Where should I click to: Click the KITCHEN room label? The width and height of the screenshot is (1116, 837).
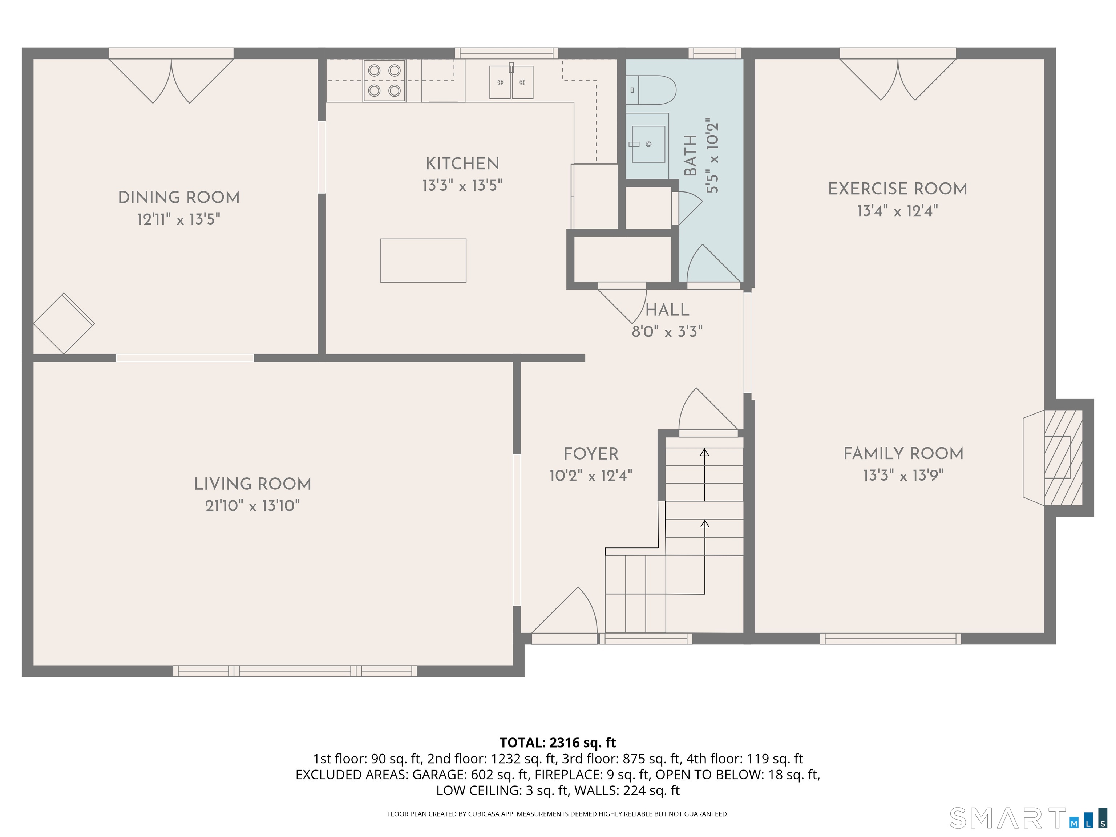point(462,163)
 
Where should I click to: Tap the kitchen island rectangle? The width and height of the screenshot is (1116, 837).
point(423,260)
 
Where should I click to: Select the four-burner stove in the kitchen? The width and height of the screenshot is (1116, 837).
point(384,81)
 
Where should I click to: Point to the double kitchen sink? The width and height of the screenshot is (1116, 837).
point(511,82)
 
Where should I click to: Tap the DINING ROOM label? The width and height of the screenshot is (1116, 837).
point(179,197)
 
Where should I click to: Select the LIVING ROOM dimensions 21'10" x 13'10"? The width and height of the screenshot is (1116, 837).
point(252,506)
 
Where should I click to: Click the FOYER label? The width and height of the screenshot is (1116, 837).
point(591,454)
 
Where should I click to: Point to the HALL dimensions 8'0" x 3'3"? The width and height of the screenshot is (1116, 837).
point(667,331)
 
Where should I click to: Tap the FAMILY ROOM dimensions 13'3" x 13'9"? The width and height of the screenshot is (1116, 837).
point(903,475)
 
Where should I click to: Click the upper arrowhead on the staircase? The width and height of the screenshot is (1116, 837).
point(704,452)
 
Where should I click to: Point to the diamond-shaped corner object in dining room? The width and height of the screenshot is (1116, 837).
point(64,323)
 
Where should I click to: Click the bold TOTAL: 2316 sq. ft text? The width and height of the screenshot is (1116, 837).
point(558,742)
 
